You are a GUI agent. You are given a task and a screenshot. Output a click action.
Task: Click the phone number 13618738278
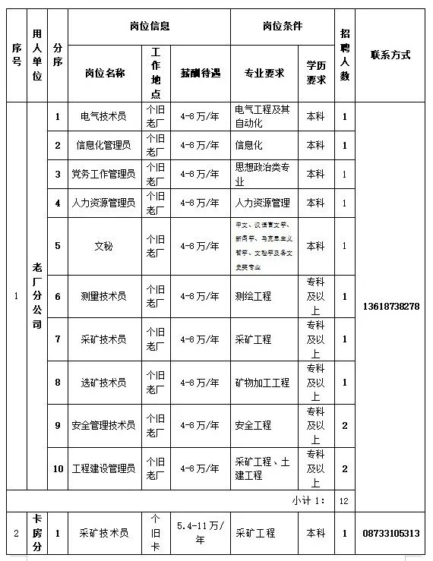point(391,306)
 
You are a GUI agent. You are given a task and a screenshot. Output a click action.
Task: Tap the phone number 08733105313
point(391,534)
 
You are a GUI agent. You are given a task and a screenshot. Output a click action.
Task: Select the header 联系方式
point(390,55)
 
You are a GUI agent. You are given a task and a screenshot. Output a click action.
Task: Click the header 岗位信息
point(149,26)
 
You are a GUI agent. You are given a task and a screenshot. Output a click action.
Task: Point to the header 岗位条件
point(282,26)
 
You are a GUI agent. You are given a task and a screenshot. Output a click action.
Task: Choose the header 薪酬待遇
point(200,73)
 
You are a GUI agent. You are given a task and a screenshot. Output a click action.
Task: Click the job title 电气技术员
point(103,117)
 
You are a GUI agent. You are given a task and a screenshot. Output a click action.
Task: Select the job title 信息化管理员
point(103,145)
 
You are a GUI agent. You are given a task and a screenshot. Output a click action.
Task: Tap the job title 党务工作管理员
point(103,174)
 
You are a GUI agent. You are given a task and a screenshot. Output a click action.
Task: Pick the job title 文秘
point(103,246)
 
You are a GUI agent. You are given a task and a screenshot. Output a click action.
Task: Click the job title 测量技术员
point(103,296)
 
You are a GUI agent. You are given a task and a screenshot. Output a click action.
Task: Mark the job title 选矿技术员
point(103,383)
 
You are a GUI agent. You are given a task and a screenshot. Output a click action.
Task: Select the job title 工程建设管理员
point(103,468)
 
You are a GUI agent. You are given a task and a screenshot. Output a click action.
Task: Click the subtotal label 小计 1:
point(308,501)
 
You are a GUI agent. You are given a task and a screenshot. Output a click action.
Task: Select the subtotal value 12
point(344,501)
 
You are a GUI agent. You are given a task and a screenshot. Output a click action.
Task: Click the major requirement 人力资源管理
point(263,203)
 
